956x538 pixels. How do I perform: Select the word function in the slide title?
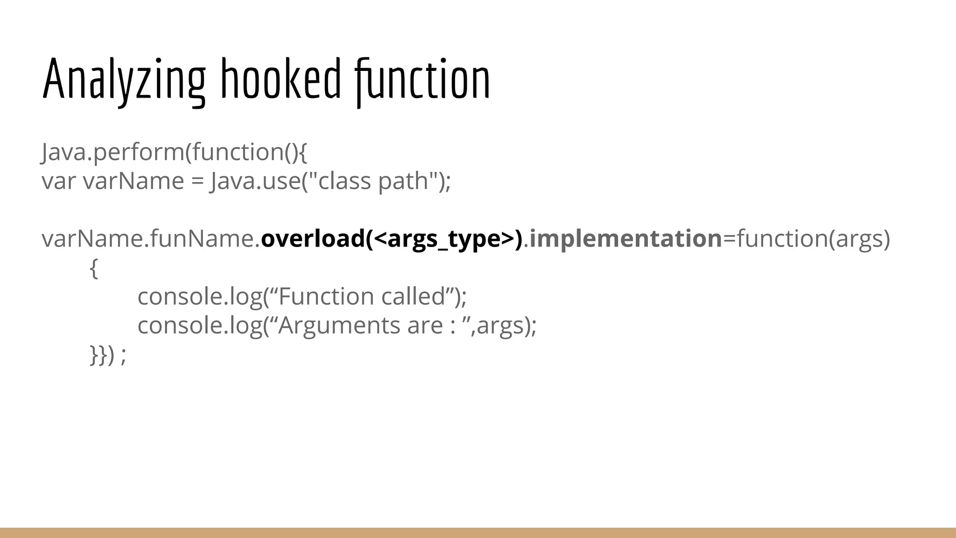(x=422, y=79)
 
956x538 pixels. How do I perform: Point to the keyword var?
(x=58, y=181)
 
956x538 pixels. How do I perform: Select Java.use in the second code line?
(x=255, y=181)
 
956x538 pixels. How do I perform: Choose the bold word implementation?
(x=626, y=239)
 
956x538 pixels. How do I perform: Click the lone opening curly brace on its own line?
(x=93, y=269)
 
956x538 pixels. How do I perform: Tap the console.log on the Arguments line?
(x=199, y=326)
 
